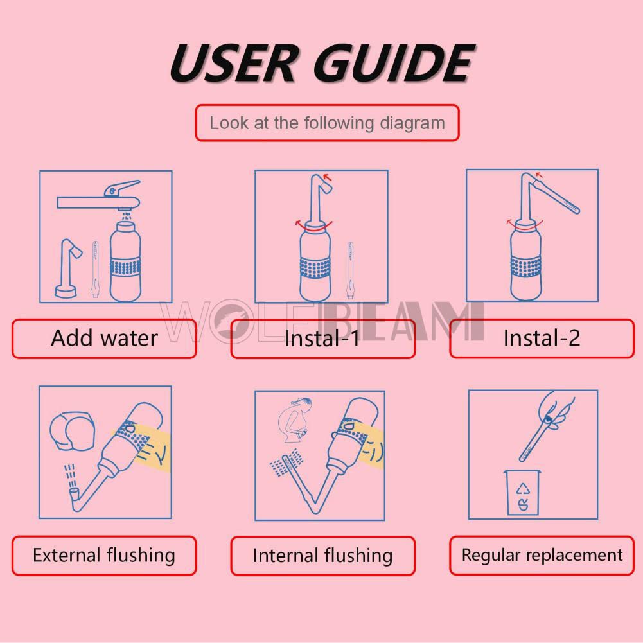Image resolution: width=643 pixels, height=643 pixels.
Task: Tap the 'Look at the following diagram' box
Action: [x=327, y=123]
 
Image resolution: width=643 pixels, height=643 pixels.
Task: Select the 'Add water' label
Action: [x=104, y=338]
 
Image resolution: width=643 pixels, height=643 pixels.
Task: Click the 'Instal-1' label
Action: [x=322, y=338]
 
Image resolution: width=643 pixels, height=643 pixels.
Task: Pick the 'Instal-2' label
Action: [x=541, y=338]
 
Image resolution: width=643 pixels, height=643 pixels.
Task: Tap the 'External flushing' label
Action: [x=104, y=555]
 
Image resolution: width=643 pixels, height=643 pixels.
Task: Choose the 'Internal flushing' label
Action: [x=322, y=555]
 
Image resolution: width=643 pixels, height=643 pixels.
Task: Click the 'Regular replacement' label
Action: [x=542, y=555]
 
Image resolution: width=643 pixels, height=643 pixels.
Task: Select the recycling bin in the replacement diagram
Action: [x=522, y=492]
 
